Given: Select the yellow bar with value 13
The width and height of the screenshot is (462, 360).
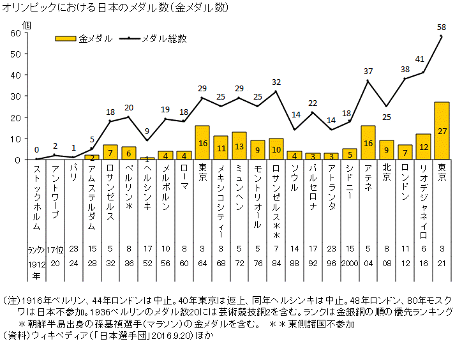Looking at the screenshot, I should point(239,146).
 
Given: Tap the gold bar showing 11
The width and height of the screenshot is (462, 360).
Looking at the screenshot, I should point(221,147).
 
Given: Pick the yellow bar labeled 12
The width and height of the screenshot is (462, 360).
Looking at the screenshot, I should point(423,147).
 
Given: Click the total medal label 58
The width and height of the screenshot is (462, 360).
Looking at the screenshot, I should point(442,27).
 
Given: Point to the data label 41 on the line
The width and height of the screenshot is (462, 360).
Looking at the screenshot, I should point(420,59).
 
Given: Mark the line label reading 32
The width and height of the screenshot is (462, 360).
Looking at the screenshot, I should point(276,82).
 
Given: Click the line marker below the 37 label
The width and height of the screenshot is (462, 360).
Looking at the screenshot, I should point(368,81).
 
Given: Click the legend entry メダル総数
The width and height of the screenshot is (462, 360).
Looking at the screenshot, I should point(164,38).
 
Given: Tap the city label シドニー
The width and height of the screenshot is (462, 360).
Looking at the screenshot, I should point(350,182).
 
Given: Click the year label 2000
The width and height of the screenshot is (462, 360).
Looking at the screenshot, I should point(350,263).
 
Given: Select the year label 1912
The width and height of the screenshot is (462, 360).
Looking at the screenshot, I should point(36,263).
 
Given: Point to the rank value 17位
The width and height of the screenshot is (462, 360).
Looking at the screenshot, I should point(55,250).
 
